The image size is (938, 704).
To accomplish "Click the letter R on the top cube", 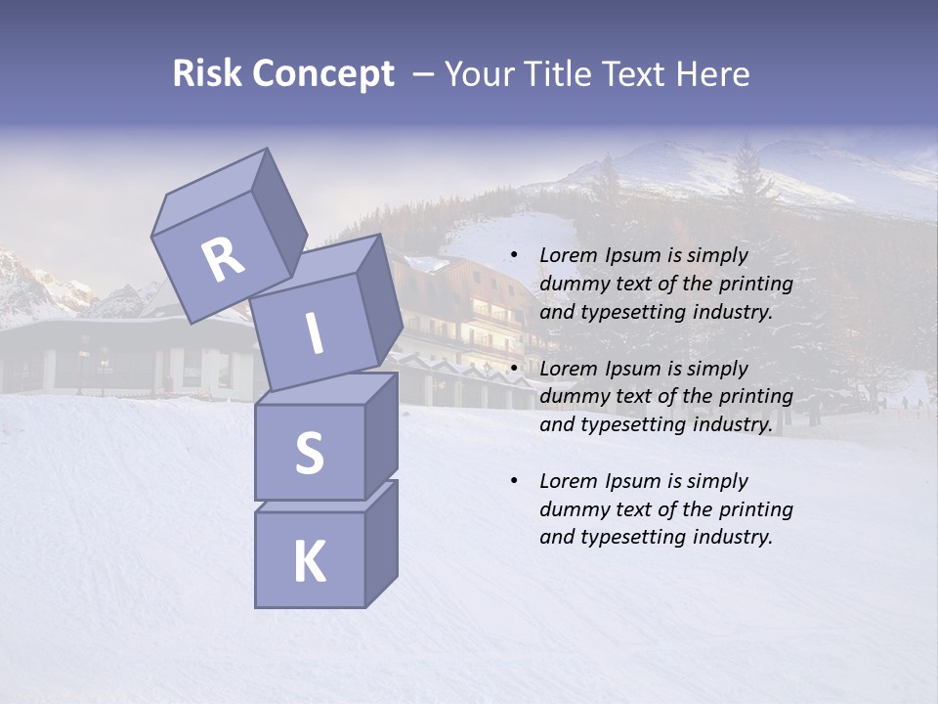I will pyautogui.click(x=223, y=261).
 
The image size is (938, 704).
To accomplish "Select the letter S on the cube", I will pyautogui.click(x=309, y=453).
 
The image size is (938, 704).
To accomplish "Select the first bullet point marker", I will pyautogui.click(x=514, y=256).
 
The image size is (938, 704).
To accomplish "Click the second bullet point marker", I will pyautogui.click(x=514, y=370).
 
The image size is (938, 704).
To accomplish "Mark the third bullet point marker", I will pyautogui.click(x=514, y=482).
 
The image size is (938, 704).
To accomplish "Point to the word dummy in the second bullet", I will pyautogui.click(x=572, y=397).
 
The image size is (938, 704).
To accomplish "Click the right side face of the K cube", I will pyautogui.click(x=381, y=543).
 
